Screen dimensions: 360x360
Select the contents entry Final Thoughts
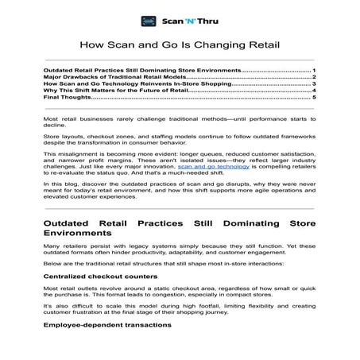point(68,98)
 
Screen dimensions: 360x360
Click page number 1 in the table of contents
point(314,69)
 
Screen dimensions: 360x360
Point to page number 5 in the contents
point(315,98)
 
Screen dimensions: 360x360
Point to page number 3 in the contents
point(315,83)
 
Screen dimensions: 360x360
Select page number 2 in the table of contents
point(315,76)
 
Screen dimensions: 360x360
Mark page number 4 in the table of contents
point(315,91)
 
